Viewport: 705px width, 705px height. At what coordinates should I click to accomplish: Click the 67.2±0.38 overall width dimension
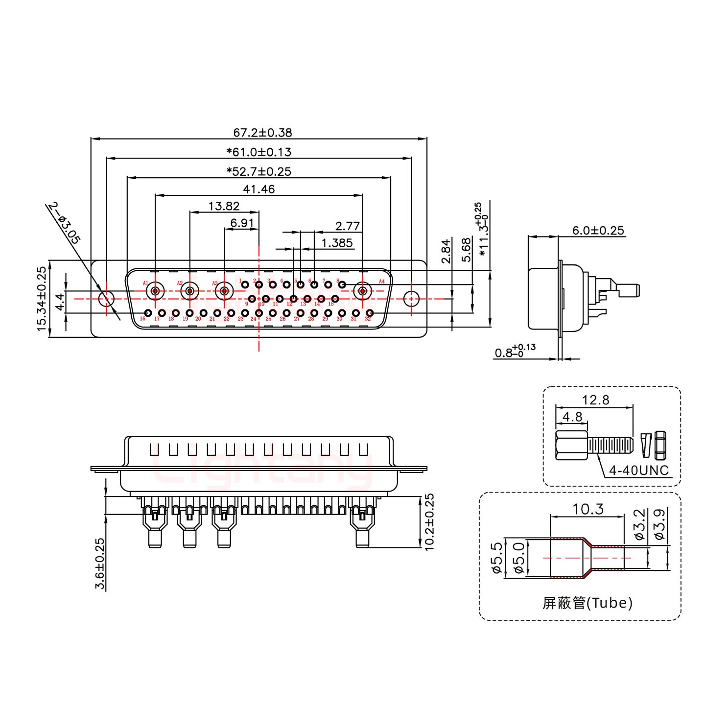tap(262, 133)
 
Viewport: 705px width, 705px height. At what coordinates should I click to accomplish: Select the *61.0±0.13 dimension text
tap(258, 152)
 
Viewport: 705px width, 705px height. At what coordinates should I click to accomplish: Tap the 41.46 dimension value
tap(258, 189)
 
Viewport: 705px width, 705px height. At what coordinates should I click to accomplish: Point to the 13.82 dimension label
tap(224, 206)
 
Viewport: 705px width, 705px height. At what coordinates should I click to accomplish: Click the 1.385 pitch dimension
tap(337, 243)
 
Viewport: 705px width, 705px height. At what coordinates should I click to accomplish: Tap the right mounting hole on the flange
tap(411, 298)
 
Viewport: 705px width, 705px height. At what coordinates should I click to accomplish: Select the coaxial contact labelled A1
tap(155, 292)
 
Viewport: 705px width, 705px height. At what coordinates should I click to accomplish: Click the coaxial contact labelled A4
tap(363, 292)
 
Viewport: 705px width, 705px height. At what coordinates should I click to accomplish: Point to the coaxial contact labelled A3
tap(224, 292)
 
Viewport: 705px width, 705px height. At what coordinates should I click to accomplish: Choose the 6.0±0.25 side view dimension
tap(598, 231)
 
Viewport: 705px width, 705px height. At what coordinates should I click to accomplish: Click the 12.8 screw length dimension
tap(596, 400)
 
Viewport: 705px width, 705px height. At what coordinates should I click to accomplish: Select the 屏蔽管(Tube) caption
tap(587, 603)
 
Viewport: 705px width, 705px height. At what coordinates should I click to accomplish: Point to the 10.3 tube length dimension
tap(587, 510)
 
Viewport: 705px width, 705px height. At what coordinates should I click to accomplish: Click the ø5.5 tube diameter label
tap(495, 558)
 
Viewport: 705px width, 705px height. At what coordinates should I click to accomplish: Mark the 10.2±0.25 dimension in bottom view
tap(430, 522)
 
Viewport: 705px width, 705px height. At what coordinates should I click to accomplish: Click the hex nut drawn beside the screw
tap(660, 443)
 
